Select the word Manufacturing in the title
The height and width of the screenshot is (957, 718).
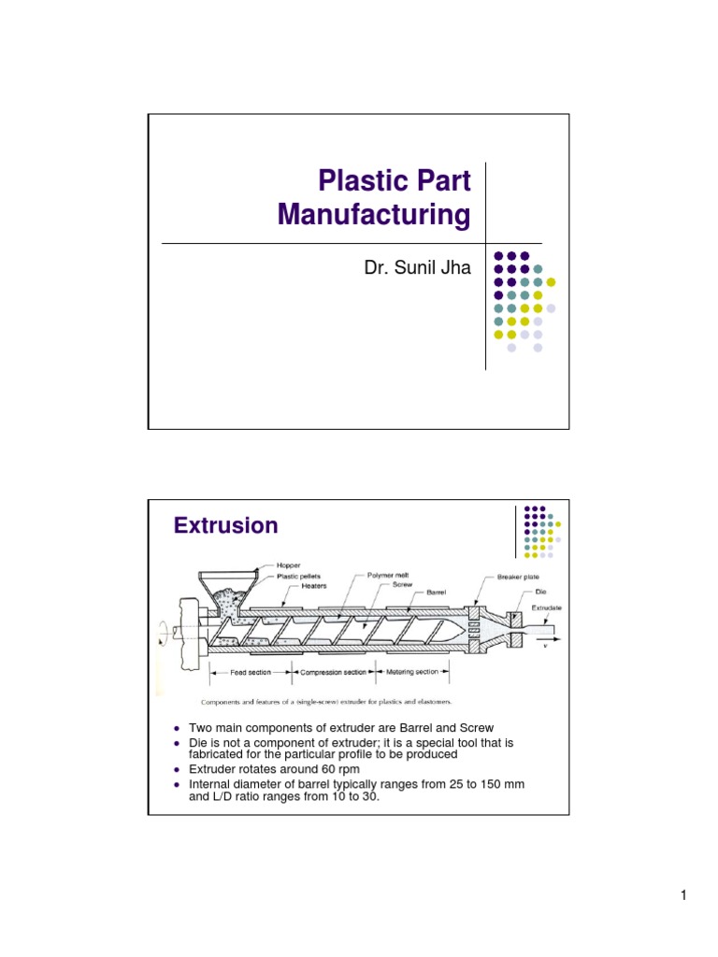(374, 216)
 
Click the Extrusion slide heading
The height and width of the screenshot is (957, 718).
(225, 526)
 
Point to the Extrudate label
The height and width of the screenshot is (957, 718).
(547, 607)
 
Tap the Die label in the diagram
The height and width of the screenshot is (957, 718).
(539, 592)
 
